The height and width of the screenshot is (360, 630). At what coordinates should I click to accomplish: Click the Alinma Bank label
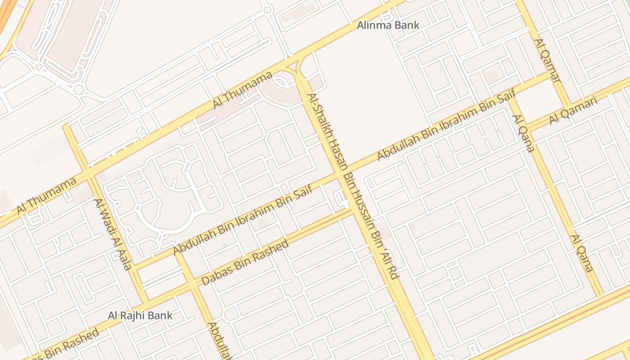388,25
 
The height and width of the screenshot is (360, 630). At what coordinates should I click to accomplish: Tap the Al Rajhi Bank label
140,315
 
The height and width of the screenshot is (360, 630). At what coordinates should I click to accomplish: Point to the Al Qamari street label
573,111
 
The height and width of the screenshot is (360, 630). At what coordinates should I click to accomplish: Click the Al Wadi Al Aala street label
112,234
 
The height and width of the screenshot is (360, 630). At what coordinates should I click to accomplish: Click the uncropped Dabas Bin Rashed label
245,263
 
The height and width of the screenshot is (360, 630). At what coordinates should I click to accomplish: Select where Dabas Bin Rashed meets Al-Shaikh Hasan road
353,209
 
